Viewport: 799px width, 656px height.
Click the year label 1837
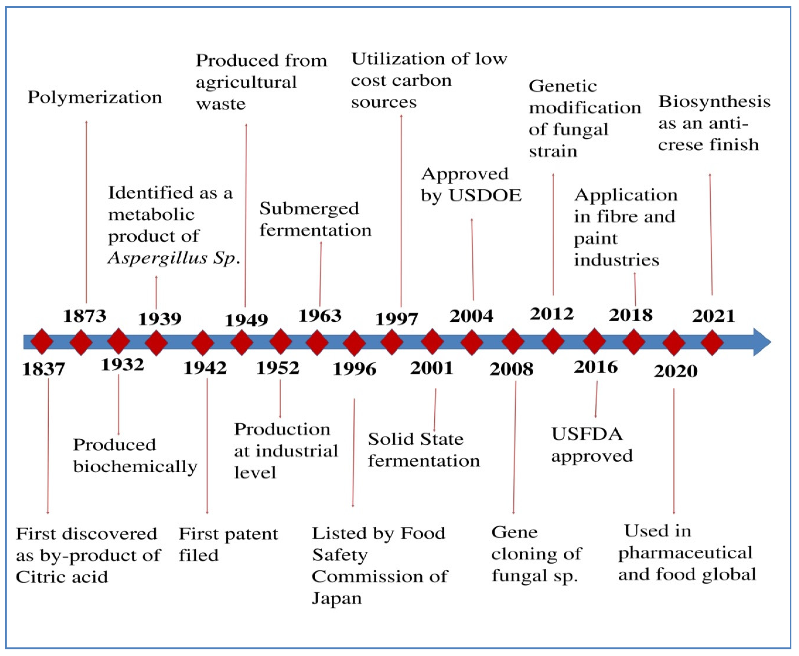point(44,369)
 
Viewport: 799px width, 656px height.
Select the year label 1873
point(85,316)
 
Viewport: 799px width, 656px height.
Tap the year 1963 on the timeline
point(320,315)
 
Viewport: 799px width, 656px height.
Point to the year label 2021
point(714,316)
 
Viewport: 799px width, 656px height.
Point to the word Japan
point(337,599)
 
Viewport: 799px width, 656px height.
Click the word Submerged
point(309,209)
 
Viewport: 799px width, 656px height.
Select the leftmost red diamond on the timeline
point(42,342)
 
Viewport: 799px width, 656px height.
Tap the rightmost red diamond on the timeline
point(712,342)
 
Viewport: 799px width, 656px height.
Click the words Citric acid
point(62,577)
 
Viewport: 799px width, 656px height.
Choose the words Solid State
point(416,439)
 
